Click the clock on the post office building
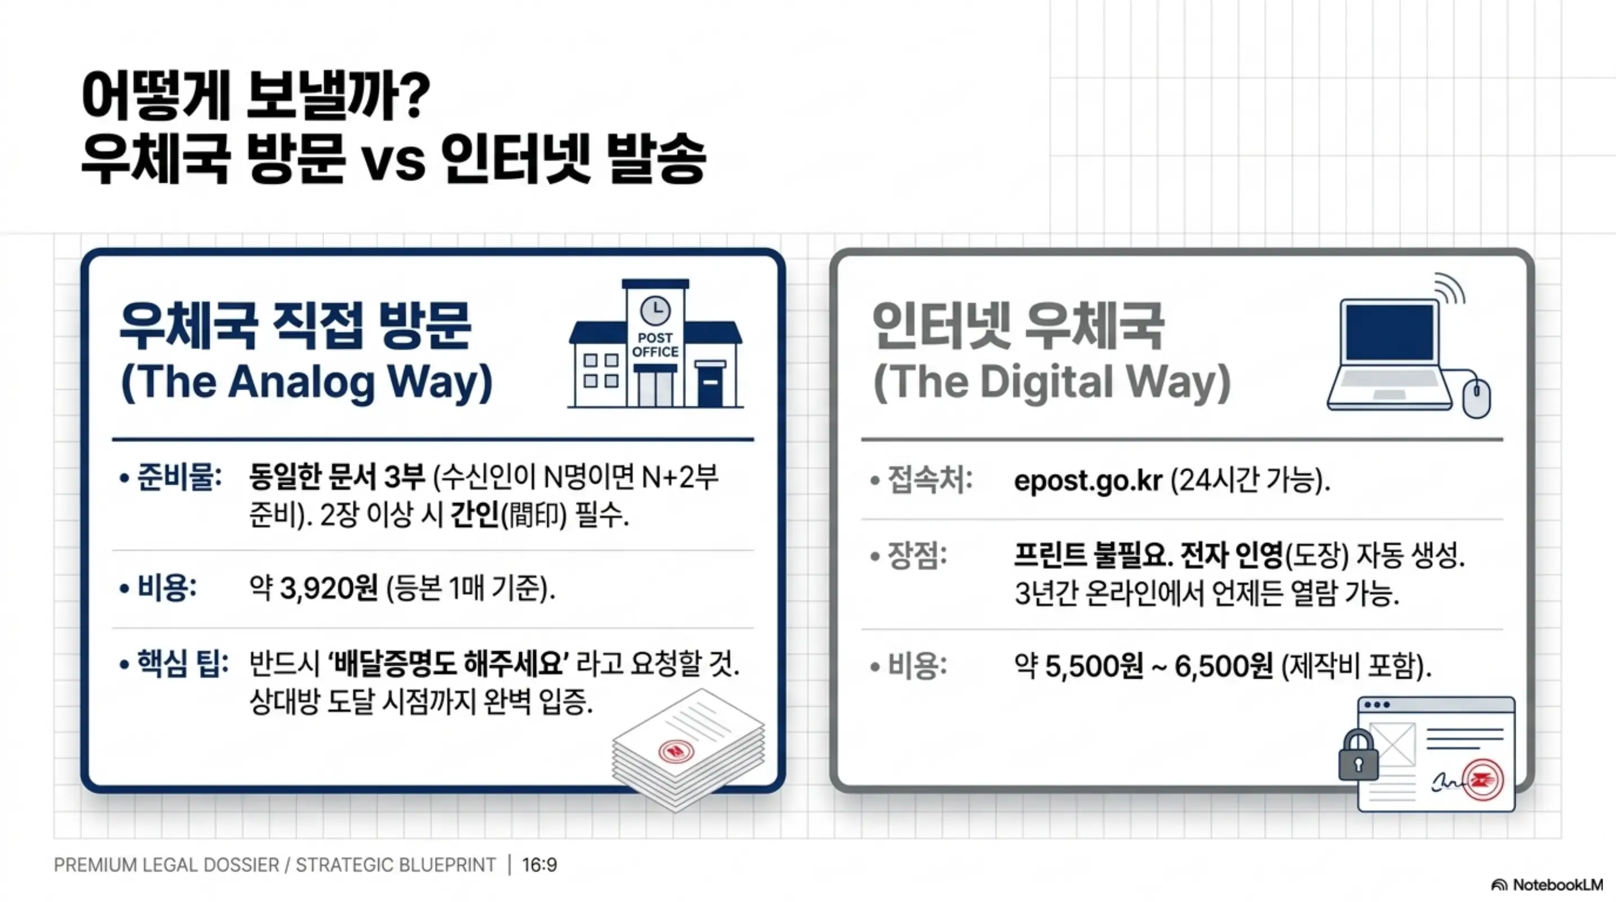(655, 310)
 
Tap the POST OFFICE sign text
(655, 345)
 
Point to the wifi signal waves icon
(1450, 289)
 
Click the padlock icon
(1358, 755)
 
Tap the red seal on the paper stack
(676, 750)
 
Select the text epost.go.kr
(1088, 481)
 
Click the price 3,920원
(329, 589)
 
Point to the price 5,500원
(1094, 666)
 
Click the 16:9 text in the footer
(539, 865)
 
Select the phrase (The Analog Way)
(306, 382)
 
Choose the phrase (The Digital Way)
(1051, 382)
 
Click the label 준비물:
(179, 478)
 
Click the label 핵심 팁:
(183, 664)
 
